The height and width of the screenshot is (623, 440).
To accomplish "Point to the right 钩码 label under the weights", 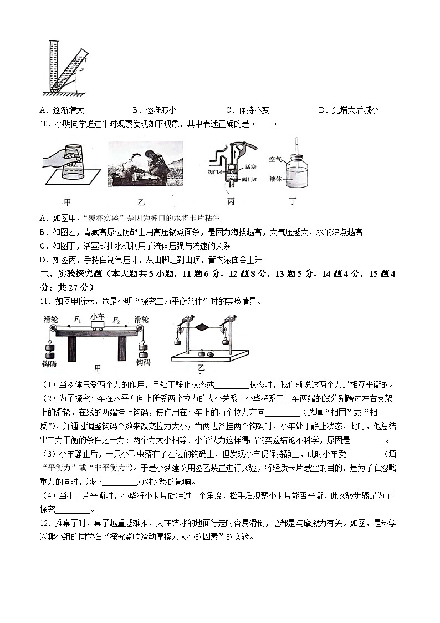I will pos(143,362).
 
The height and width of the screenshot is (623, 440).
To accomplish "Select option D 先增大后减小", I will pos(349,110).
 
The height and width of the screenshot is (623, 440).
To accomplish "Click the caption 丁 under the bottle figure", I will pos(293,201).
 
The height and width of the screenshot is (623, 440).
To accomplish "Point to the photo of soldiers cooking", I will pos(145,163).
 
